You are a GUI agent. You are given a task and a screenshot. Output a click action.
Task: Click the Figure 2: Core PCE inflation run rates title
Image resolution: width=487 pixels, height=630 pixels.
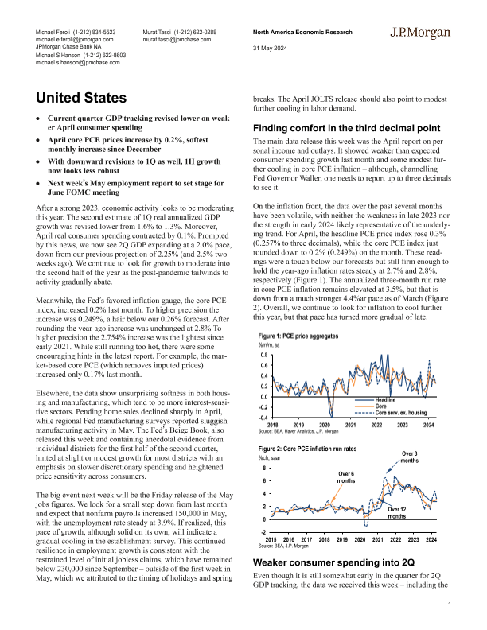tap(306, 449)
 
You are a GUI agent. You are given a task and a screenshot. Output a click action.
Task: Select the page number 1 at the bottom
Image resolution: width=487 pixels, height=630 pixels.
tap(450, 605)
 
